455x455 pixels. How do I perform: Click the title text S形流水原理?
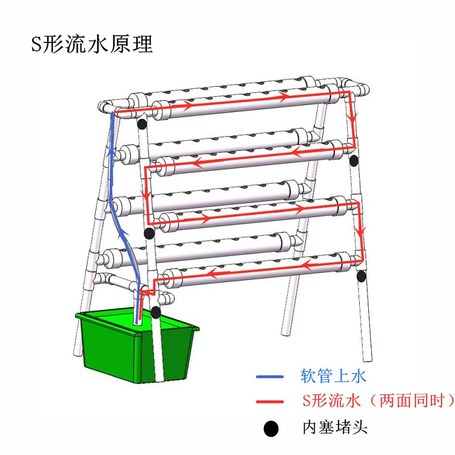pyautogui.click(x=92, y=44)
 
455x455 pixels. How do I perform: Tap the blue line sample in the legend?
pyautogui.click(x=271, y=377)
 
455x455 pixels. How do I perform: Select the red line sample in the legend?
pyautogui.click(x=271, y=402)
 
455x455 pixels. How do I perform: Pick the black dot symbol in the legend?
pyautogui.click(x=271, y=428)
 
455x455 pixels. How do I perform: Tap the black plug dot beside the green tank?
pyautogui.click(x=156, y=312)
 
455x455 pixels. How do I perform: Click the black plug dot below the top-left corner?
pyautogui.click(x=141, y=124)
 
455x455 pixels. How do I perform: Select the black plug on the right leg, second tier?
pyautogui.click(x=354, y=161)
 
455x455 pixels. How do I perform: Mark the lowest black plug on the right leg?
pyautogui.click(x=362, y=277)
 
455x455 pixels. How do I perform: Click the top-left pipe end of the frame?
pyautogui.click(x=101, y=107)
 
